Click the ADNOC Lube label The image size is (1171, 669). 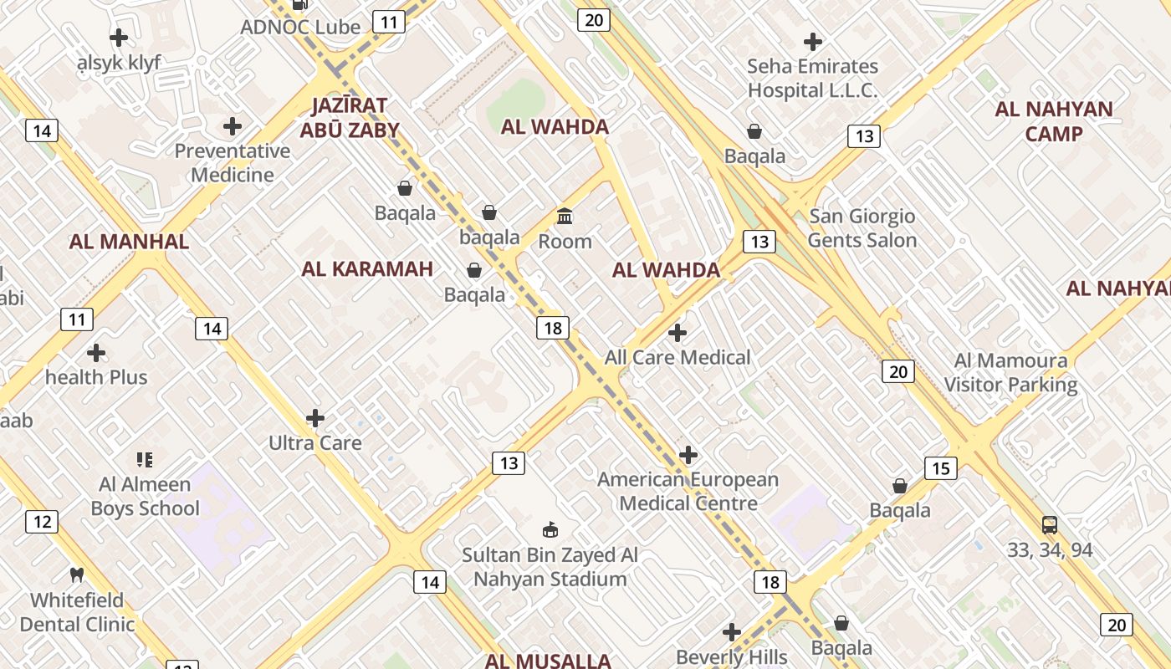(300, 27)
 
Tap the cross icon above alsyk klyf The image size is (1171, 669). (119, 38)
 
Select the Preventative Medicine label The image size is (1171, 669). (232, 163)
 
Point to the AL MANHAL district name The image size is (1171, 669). (129, 242)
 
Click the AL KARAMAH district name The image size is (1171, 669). (367, 269)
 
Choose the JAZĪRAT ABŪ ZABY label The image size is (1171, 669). (350, 118)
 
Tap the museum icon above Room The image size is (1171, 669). (565, 217)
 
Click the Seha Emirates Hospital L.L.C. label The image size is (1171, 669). (812, 78)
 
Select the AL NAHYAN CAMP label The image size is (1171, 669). (1054, 121)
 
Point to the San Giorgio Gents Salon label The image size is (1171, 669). (862, 228)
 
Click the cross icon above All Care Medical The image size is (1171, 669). (678, 333)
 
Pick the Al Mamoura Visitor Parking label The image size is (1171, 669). (1011, 373)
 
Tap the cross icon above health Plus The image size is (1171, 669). (96, 353)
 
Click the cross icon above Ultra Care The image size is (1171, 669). (315, 418)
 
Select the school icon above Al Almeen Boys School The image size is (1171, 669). (144, 459)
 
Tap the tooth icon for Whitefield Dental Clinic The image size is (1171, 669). (77, 575)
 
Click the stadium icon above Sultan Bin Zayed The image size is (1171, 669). (550, 529)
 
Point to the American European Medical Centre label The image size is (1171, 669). (688, 492)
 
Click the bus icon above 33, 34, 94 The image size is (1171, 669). (1050, 525)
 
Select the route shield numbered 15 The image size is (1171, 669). (941, 468)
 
